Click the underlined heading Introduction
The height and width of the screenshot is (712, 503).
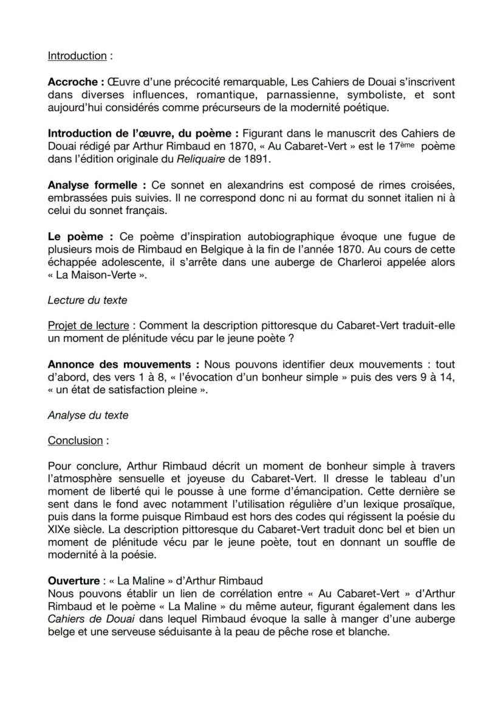point(77,56)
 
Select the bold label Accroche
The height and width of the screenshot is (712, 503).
point(75,82)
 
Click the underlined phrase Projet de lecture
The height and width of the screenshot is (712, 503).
point(88,327)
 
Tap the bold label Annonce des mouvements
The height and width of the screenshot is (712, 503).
point(123,365)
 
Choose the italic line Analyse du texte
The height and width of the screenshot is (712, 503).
point(88,416)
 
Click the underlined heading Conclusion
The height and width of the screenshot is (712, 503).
point(75,441)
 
